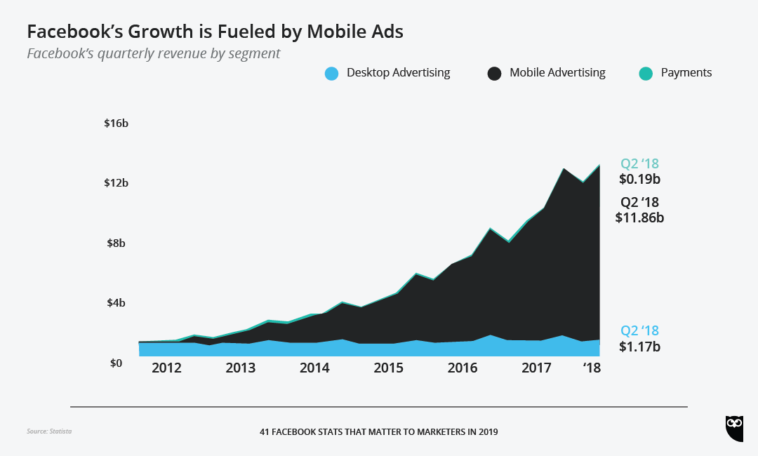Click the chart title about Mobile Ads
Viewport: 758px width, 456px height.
tap(215, 32)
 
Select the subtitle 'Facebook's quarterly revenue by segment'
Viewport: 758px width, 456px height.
tap(153, 54)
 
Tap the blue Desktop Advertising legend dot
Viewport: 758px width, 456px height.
tap(332, 73)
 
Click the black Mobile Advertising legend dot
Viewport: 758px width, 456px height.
tap(495, 73)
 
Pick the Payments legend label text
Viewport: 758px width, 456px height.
tap(686, 73)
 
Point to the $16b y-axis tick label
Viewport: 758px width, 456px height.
tap(116, 123)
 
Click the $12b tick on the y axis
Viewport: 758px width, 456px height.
tap(116, 183)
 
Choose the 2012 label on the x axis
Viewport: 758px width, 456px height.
tap(166, 368)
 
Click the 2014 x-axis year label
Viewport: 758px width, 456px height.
tap(314, 368)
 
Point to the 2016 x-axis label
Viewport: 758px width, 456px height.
tap(463, 368)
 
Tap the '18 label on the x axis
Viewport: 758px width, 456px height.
tap(592, 368)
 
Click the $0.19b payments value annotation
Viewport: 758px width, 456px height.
tap(639, 180)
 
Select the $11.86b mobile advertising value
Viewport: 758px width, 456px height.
tap(639, 217)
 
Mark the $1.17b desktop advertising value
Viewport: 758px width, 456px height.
tap(639, 347)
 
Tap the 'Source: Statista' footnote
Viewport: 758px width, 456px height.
tap(49, 431)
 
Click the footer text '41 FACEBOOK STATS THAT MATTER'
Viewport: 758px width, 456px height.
tap(378, 432)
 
